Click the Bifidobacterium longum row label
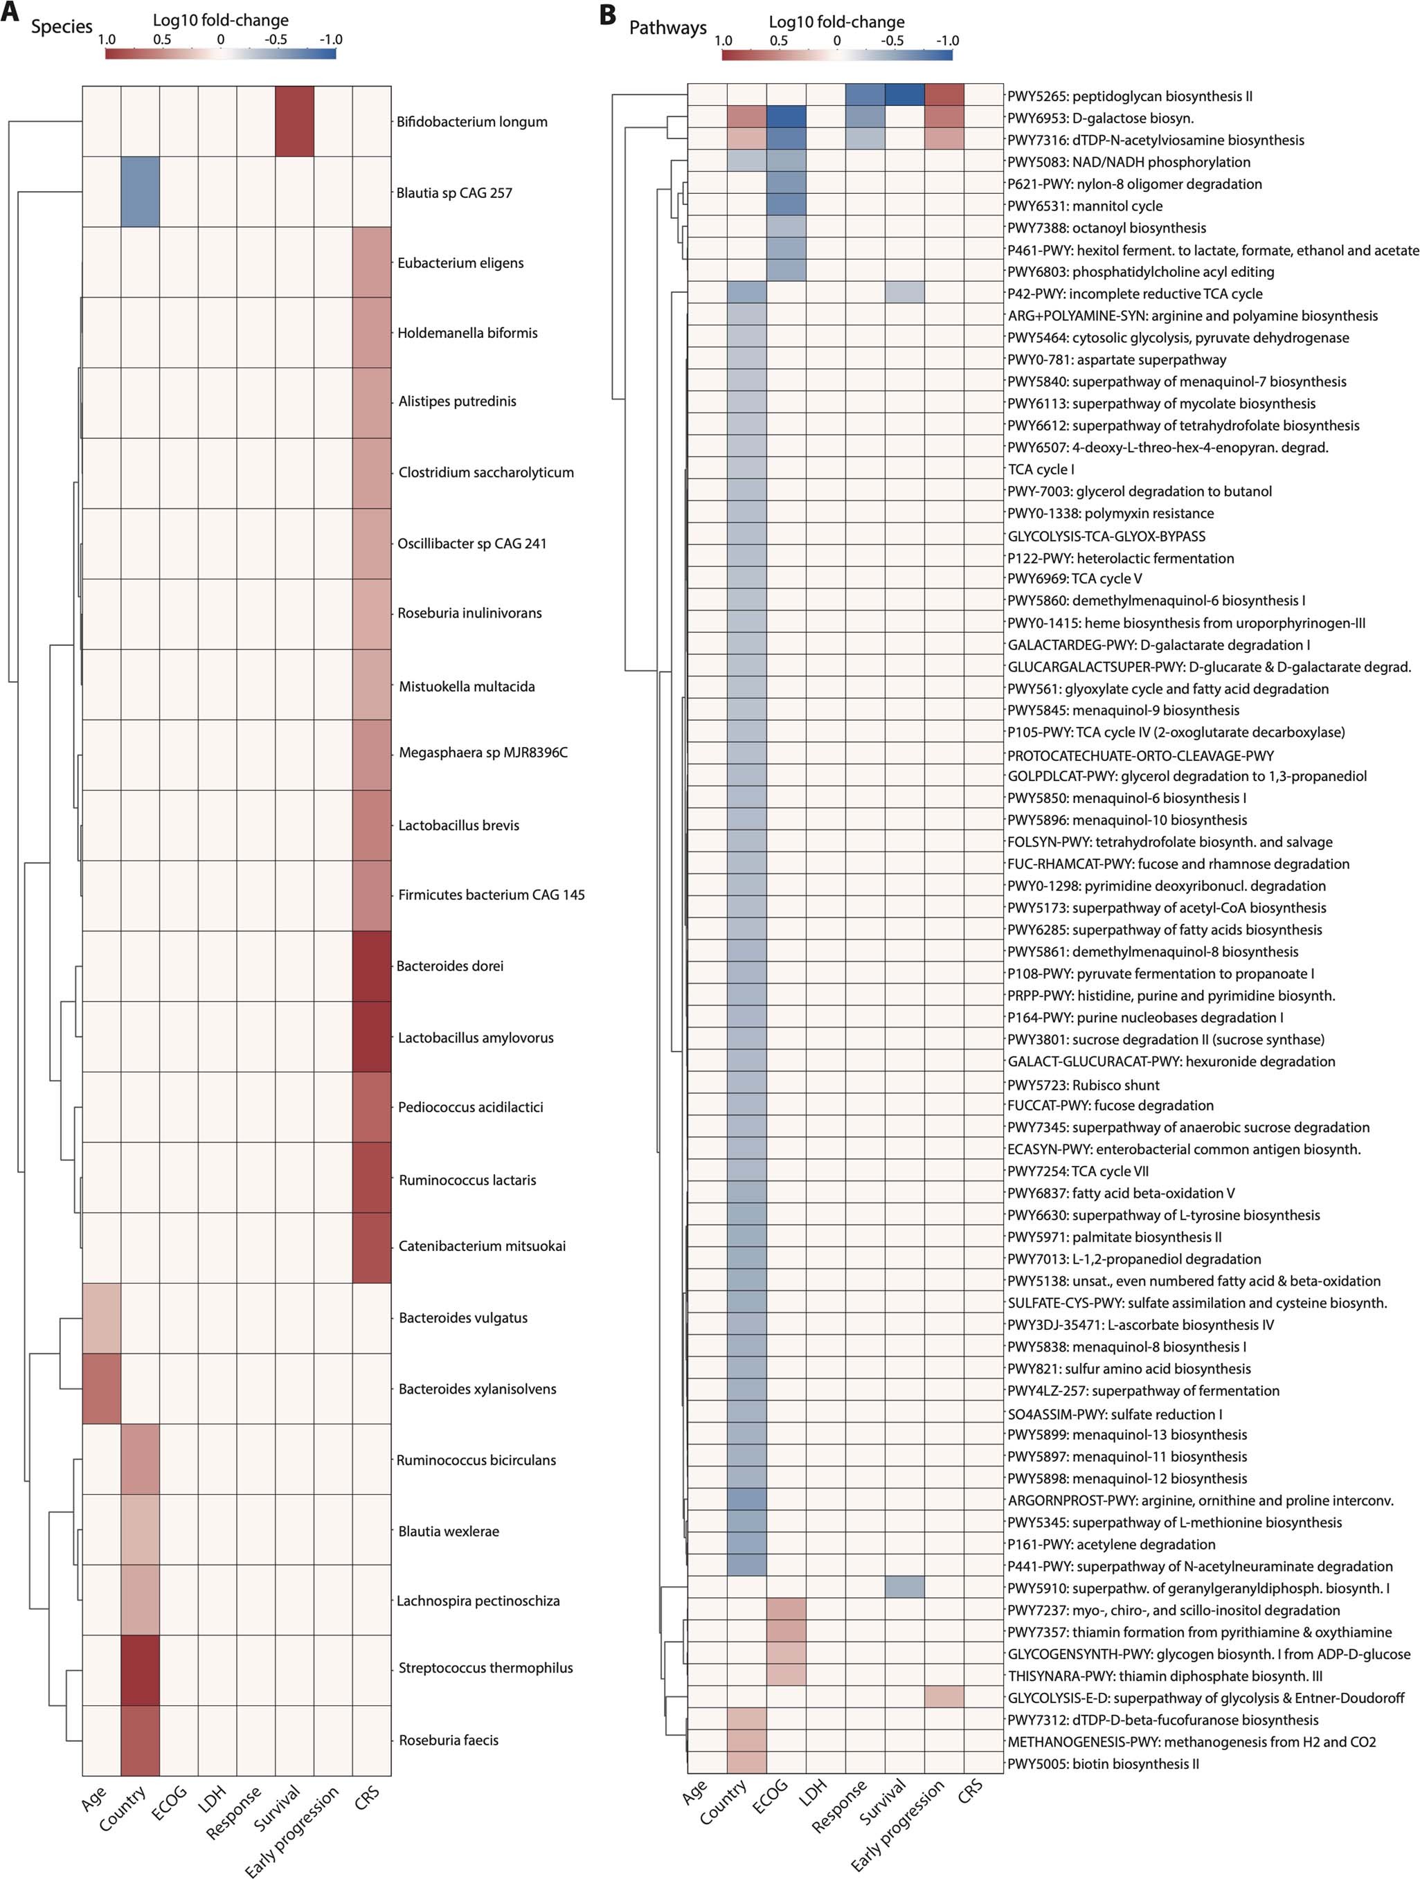471,121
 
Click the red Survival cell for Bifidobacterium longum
295,121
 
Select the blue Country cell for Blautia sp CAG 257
140,192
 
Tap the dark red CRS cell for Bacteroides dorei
371,966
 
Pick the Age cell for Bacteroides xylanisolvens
101,1389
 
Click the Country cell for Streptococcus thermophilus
140,1669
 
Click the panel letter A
10,14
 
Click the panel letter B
607,15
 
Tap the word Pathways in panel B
667,28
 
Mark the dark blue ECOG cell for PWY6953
786,117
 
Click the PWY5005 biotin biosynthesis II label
1103,1764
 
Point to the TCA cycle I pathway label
1041,469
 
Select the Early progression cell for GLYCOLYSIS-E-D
944,1697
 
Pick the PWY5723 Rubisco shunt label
1083,1085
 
